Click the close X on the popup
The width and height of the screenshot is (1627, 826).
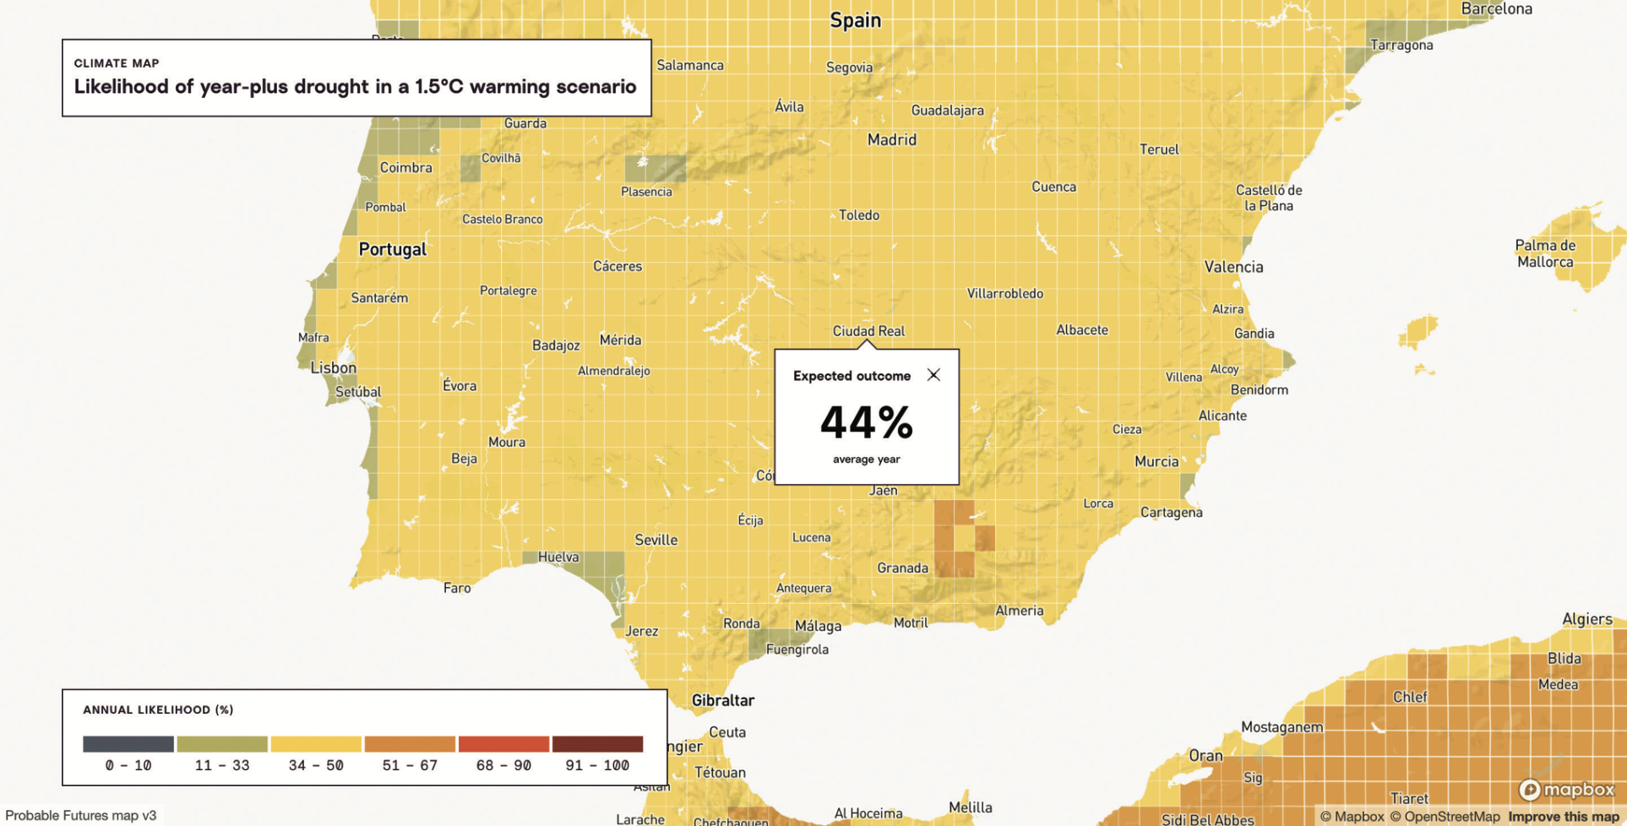pos(933,375)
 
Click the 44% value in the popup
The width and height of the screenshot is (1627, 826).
pos(866,423)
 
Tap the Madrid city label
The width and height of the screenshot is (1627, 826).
pos(891,140)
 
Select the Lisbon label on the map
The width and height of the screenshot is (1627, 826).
pos(334,368)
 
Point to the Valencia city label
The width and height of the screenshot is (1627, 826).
pos(1233,268)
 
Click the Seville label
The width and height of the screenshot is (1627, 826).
pos(656,541)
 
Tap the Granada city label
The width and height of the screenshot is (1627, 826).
pos(902,568)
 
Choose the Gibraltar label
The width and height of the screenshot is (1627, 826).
pos(722,700)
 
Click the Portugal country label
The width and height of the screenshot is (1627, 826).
pos(392,249)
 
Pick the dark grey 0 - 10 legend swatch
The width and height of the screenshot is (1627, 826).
pos(128,744)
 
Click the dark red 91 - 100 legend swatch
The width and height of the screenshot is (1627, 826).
pos(597,744)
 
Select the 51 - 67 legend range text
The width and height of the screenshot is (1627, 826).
pos(410,765)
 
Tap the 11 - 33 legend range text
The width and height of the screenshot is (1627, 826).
pos(222,765)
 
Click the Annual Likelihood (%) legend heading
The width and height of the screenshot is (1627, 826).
pos(158,709)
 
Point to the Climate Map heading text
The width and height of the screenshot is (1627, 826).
pos(117,63)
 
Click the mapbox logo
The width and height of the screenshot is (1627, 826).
pos(1566,790)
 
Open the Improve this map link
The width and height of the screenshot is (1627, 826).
pos(1563,817)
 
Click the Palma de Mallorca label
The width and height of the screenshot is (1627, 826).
pos(1544,253)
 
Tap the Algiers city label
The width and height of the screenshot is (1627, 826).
pos(1586,619)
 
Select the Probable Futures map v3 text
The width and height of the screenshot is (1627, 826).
pos(81,815)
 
